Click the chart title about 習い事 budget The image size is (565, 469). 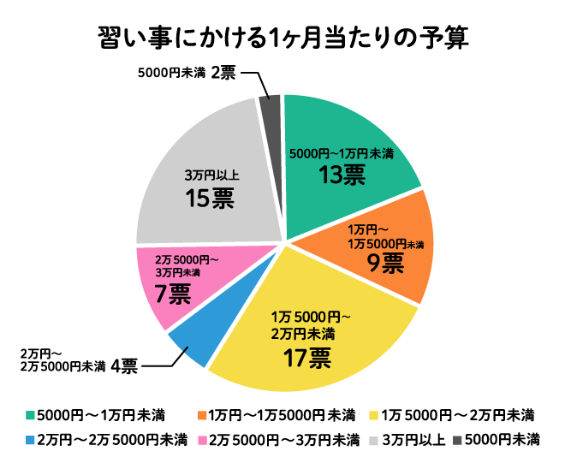tap(282, 40)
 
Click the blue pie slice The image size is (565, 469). tap(191, 342)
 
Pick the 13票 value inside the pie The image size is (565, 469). tap(342, 175)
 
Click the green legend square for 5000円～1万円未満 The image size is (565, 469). tap(32, 416)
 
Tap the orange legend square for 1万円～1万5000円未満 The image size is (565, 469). tap(202, 416)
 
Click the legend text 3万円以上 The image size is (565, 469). tap(413, 441)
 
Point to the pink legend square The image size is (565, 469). tap(202, 441)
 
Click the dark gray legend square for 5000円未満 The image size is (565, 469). tap(457, 441)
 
